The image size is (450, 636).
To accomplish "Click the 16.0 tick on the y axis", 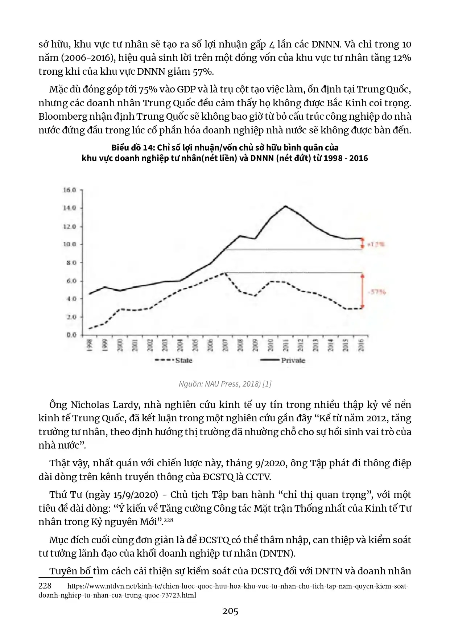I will [70, 190].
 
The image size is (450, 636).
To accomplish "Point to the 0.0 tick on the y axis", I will [71, 335].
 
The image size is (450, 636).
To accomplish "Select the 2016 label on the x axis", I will [361, 345].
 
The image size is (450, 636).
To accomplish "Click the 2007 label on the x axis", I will [225, 345].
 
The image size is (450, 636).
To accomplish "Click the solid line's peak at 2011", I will [286, 206].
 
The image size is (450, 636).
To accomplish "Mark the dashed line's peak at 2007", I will [225, 273].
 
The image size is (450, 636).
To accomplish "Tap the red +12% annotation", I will [376, 244].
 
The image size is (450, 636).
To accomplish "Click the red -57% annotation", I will [377, 292].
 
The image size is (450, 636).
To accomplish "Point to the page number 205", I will [230, 611].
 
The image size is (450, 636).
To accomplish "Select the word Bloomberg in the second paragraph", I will [60, 117].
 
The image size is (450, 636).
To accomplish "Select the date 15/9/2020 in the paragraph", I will [136, 495].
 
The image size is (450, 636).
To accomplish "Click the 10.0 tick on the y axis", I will [70, 244].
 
